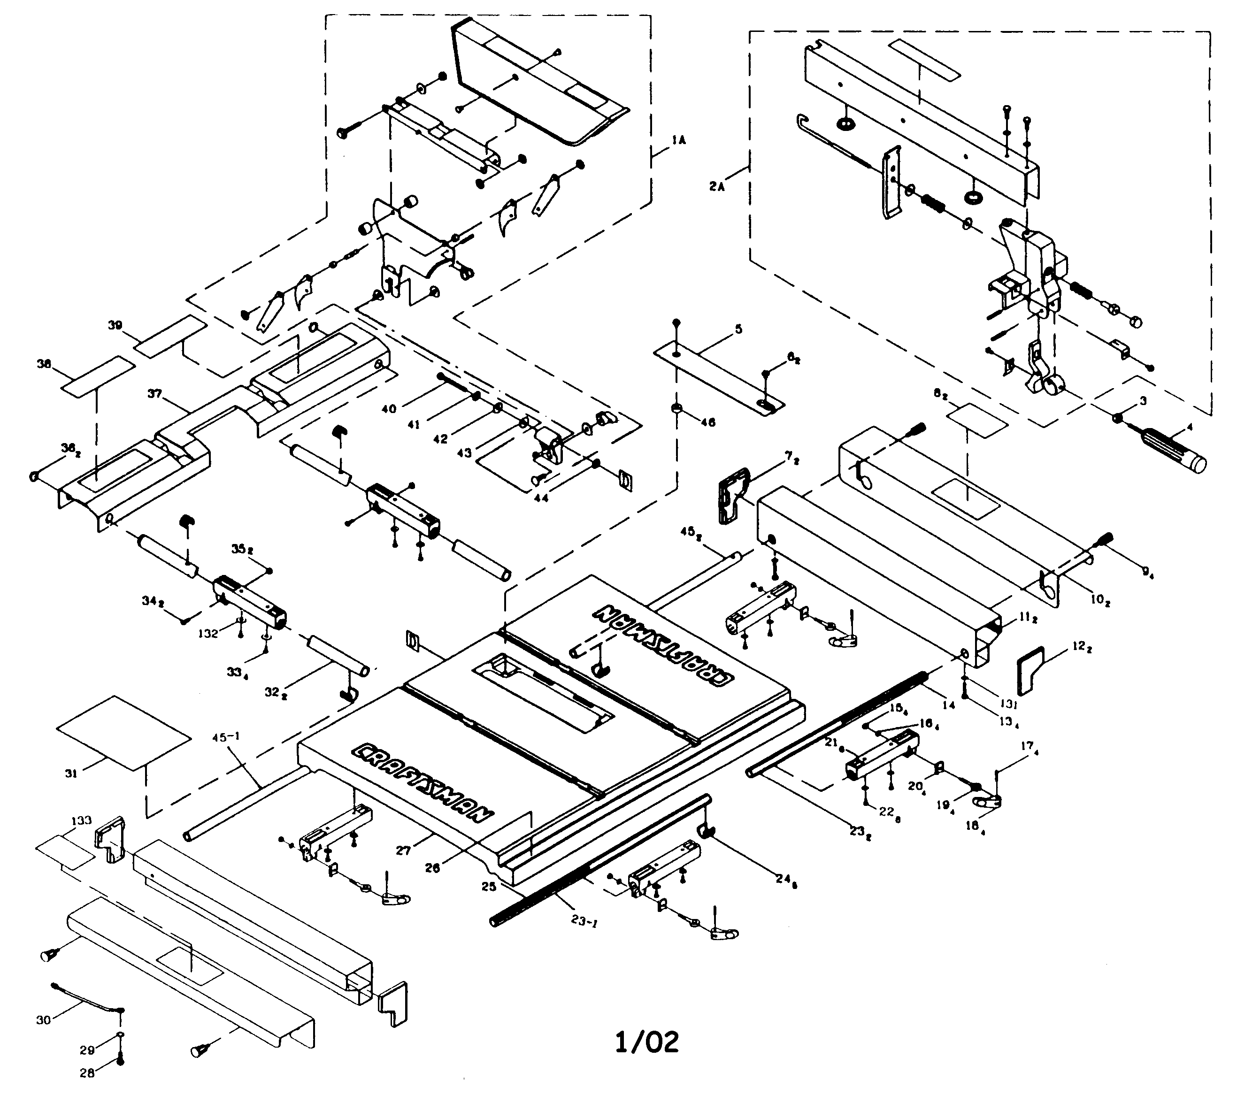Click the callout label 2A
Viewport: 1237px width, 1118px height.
[717, 186]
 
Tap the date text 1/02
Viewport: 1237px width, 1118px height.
[647, 1042]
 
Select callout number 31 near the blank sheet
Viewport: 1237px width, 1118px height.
[71, 774]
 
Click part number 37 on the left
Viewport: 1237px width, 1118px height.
[154, 393]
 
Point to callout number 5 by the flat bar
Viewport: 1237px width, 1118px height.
[739, 329]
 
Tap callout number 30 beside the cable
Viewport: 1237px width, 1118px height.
[43, 1020]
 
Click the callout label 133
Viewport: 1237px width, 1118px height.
[82, 820]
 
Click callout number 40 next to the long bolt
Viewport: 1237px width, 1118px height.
[389, 409]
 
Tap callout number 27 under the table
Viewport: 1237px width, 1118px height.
[403, 850]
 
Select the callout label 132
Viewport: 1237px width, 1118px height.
[207, 634]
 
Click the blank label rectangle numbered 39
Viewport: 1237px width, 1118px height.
[169, 336]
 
